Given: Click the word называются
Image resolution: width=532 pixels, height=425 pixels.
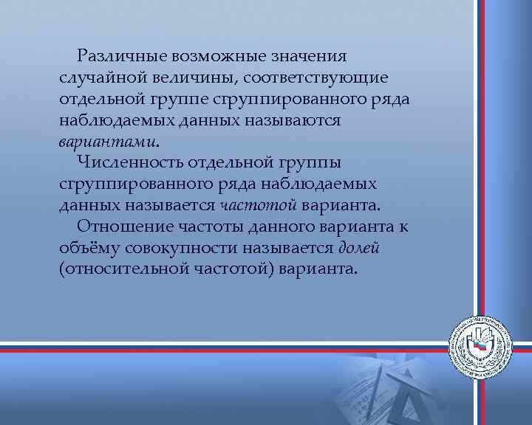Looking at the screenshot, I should coord(294,120).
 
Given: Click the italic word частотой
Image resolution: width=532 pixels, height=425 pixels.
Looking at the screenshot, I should coord(257,204).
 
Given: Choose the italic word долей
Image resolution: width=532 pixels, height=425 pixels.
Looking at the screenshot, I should coord(360,247).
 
